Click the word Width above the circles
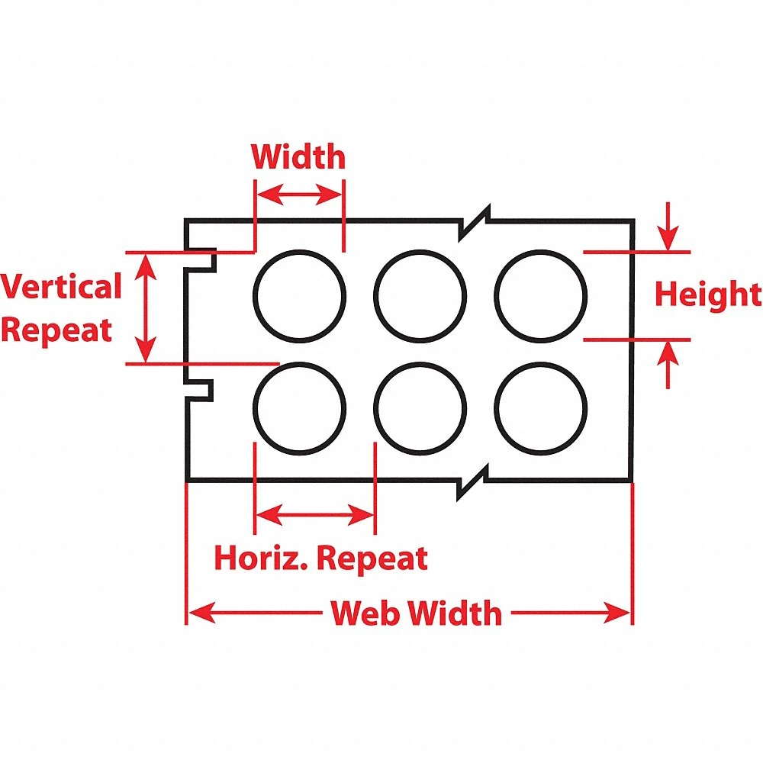(298, 157)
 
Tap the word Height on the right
(708, 295)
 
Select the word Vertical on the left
(61, 288)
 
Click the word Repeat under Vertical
(57, 330)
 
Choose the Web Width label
(416, 613)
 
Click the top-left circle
(299, 295)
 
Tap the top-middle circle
(420, 295)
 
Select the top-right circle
(540, 295)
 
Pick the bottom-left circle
(299, 407)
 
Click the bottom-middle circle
(420, 407)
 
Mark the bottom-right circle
(540, 407)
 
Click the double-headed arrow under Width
(299, 196)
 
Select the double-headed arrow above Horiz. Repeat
(314, 517)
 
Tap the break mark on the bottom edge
(473, 483)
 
